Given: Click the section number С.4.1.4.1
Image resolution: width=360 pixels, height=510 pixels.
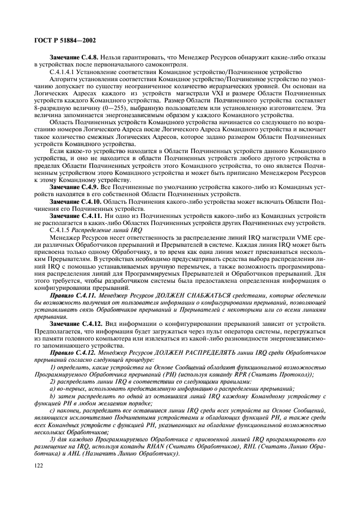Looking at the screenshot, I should [64, 71].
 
